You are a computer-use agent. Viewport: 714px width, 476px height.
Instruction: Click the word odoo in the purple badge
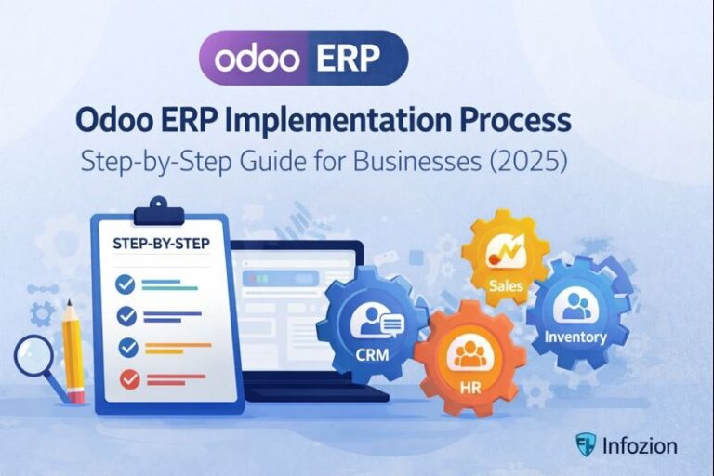[258, 58]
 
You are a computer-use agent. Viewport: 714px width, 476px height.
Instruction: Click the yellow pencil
[73, 352]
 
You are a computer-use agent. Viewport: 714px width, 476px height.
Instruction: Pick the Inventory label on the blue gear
[575, 337]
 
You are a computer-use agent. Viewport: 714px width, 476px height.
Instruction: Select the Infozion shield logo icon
[584, 444]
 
